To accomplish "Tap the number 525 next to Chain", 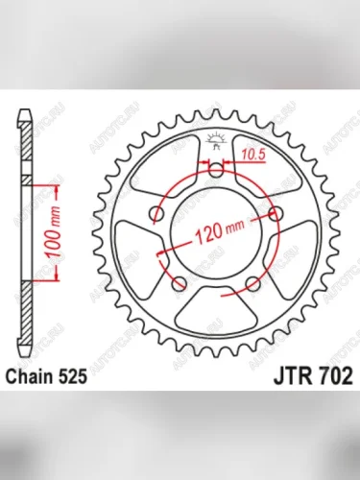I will click(81, 377).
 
